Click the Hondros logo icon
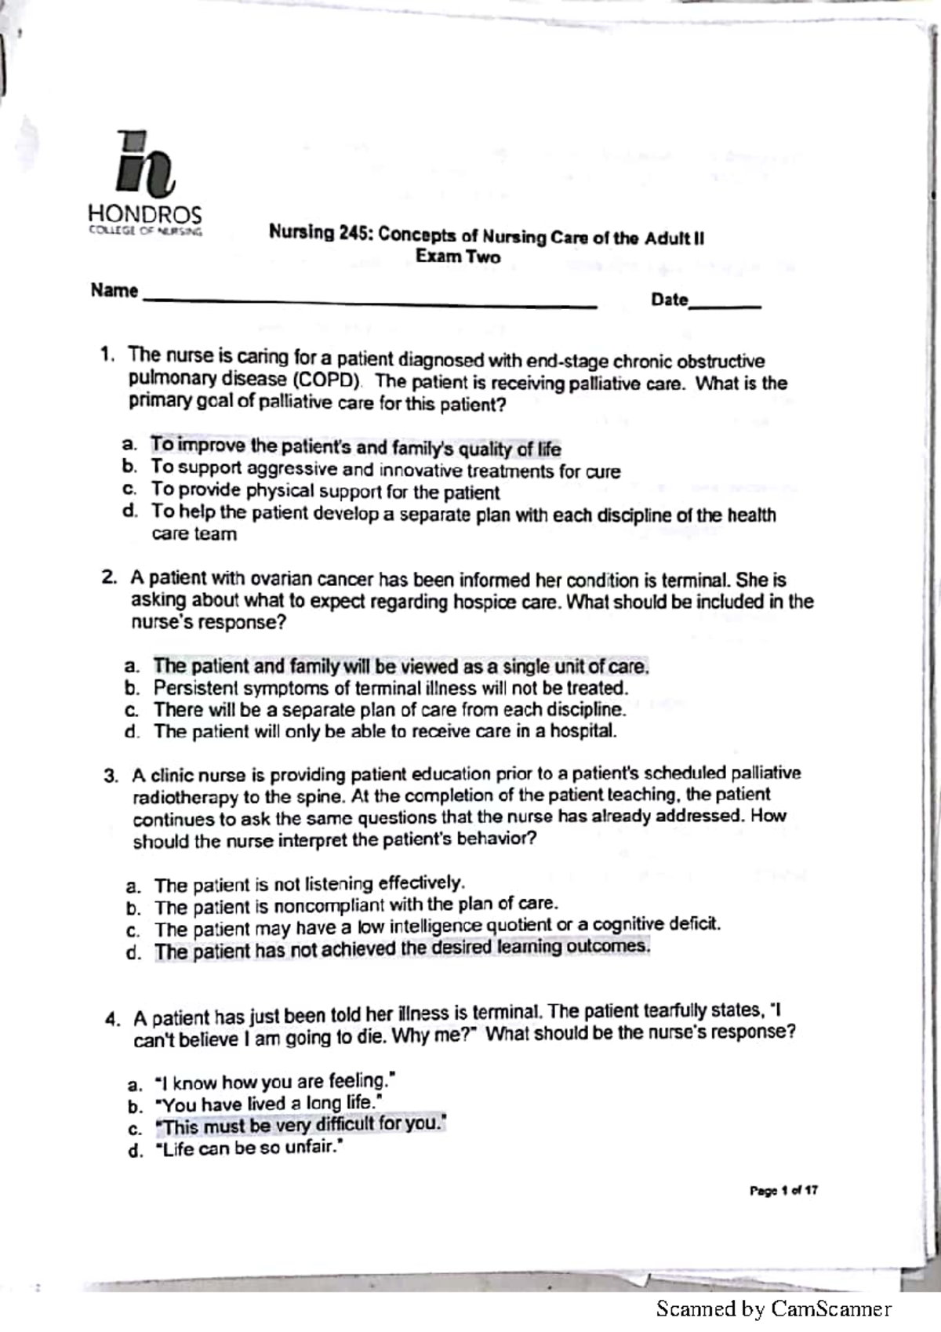[144, 163]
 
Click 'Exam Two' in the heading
[458, 257]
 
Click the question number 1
[107, 355]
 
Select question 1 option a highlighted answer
[356, 447]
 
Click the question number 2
[109, 578]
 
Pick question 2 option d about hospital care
[385, 731]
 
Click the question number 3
[111, 776]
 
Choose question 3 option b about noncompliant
[356, 906]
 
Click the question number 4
[112, 1019]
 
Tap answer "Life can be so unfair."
[250, 1149]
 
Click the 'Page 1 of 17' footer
[783, 1191]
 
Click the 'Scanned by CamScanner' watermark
[773, 1308]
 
